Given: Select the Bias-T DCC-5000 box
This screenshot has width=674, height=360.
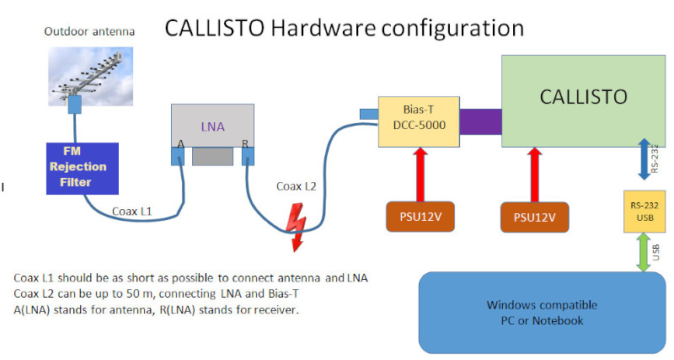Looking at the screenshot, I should tap(419, 118).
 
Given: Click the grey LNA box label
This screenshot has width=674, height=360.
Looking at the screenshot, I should tap(212, 126).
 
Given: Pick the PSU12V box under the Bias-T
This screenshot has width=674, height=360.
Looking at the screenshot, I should tap(418, 217).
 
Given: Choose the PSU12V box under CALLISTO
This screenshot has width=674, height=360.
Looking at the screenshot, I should tap(534, 217).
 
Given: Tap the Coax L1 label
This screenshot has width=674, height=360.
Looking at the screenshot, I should tap(132, 212).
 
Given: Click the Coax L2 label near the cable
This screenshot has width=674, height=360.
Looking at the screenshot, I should tap(297, 185).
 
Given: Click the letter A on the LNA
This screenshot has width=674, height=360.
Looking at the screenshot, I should tap(180, 144).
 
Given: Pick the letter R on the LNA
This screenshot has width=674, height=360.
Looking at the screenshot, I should tap(245, 144).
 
